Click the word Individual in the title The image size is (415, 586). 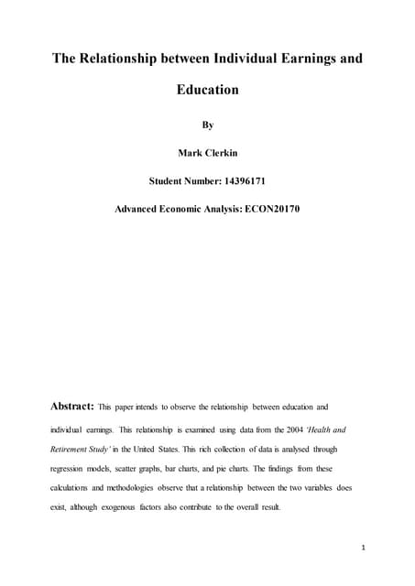[235, 60]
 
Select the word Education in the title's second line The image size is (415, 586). [207, 91]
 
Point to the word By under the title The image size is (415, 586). [207, 123]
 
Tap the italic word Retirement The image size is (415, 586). [77, 450]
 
